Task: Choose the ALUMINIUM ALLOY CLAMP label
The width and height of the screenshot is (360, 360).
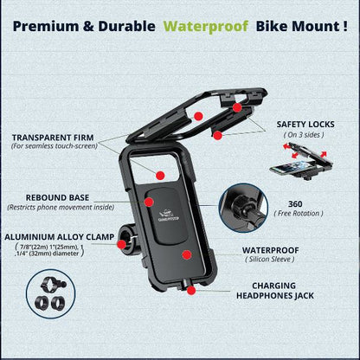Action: click(57, 236)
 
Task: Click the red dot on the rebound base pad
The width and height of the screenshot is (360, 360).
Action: click(147, 202)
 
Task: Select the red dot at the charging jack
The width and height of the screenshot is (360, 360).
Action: click(190, 292)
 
